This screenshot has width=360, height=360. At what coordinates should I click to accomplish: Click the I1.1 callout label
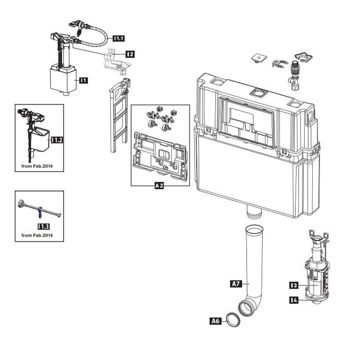coord(119,38)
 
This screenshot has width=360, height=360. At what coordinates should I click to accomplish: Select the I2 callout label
coord(130,54)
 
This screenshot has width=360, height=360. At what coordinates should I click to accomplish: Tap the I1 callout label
coord(84,81)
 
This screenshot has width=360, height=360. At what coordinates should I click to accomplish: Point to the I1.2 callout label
coord(57,140)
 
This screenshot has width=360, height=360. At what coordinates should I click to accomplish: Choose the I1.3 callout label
coord(44,227)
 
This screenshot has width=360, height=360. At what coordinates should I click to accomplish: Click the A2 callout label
coord(159,185)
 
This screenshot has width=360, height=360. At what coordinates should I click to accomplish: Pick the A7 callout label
coord(236,284)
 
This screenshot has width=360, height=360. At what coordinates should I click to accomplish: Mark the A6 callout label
coord(216,321)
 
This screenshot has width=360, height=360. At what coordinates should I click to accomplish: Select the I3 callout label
coord(294,285)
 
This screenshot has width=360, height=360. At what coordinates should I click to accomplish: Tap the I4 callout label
coord(294,300)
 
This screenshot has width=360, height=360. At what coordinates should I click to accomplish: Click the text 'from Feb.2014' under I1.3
coord(37,235)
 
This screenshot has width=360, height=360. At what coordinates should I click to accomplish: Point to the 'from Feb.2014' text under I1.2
coord(37,166)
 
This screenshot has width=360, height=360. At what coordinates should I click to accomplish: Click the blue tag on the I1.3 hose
coord(40,212)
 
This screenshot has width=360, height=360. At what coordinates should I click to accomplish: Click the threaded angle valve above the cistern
coord(294,75)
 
